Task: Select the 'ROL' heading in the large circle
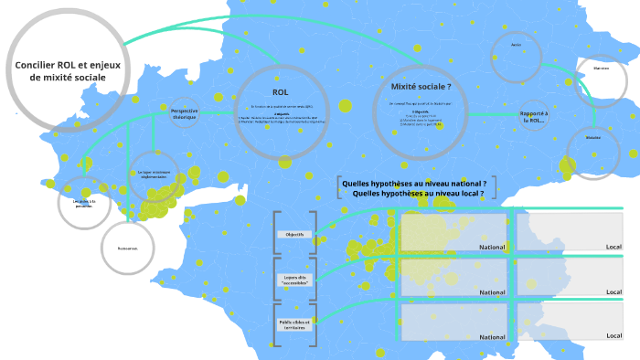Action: [281, 92]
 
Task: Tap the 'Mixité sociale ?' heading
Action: [421, 86]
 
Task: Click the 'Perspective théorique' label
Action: [184, 112]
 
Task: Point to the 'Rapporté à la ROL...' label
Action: [532, 116]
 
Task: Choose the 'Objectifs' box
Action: [294, 234]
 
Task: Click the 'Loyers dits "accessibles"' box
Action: [294, 280]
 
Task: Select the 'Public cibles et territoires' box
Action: [294, 324]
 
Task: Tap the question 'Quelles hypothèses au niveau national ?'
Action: [413, 183]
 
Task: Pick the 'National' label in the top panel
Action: [492, 247]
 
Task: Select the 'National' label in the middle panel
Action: [492, 291]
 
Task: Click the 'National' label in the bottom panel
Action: [492, 336]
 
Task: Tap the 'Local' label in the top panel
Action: [613, 247]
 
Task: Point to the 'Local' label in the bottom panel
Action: [613, 335]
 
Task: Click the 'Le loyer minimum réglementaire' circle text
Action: [155, 174]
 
